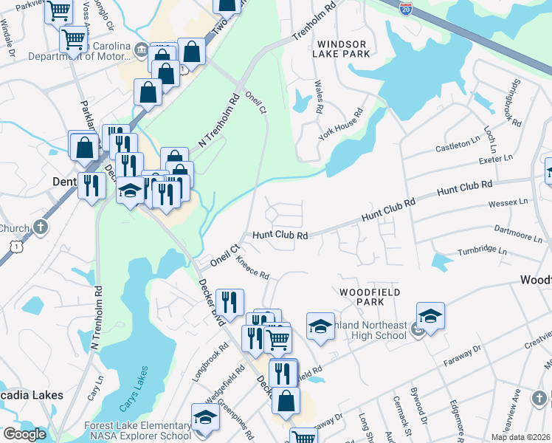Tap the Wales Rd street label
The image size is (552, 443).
click(319, 97)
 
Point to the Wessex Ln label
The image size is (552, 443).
click(509, 202)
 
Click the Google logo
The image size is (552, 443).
click(24, 433)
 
